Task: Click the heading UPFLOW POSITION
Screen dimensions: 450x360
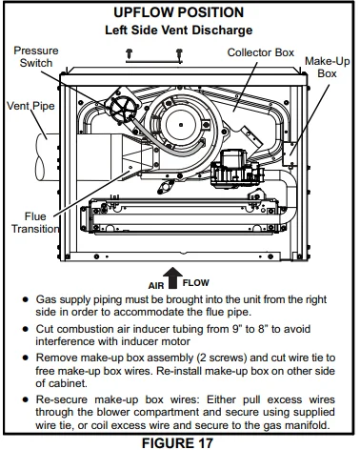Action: [180, 13]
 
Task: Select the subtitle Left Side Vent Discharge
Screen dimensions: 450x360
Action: [180, 31]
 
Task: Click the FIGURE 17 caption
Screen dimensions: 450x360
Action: [180, 441]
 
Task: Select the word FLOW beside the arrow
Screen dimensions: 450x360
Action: [196, 283]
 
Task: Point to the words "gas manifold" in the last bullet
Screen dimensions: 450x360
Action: [305, 425]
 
